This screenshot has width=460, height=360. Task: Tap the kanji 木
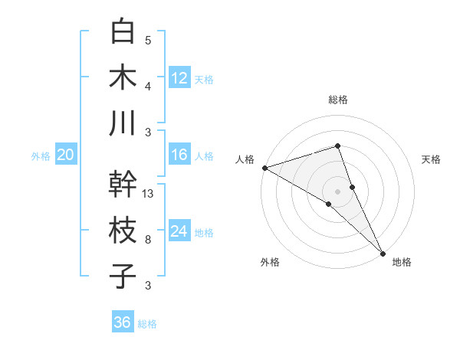pos(123,77)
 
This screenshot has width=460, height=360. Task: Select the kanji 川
pos(123,123)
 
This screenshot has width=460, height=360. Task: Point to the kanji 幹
pos(123,184)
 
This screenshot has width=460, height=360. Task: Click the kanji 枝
pos(123,230)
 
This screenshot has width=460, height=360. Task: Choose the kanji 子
pos(123,276)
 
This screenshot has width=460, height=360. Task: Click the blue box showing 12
pos(179,77)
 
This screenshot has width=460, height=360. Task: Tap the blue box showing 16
pos(179,155)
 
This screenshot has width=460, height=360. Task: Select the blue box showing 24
pos(179,231)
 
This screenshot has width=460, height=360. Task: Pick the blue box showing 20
pos(65,155)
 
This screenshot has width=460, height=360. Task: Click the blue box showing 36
pos(123,322)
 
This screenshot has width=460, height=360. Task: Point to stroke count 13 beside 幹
pos(149,194)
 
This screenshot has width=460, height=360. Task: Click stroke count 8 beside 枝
pos(148,240)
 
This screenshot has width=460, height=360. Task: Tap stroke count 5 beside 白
pos(148,41)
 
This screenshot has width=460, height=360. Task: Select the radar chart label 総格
pos(338,100)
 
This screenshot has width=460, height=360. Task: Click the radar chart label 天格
pos(431,159)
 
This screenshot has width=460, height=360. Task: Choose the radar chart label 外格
pos(270,262)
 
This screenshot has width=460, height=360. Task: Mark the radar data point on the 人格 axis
pos(264,168)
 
